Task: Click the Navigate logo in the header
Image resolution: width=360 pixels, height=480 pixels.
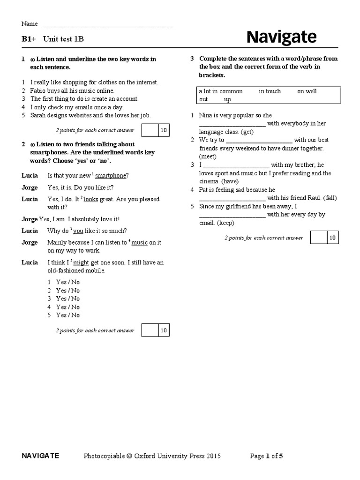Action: (281, 37)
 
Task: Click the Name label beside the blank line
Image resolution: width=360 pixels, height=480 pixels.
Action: (29, 24)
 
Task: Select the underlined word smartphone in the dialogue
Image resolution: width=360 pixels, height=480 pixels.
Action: (111, 175)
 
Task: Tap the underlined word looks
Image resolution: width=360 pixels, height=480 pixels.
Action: (91, 199)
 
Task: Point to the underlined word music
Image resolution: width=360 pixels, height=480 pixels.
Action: (140, 242)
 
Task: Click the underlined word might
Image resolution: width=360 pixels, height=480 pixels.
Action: (81, 262)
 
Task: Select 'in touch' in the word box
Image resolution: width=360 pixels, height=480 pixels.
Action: (270, 91)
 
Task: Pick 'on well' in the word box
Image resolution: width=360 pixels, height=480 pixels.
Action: (307, 91)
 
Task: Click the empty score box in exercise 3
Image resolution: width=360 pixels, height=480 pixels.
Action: (319, 238)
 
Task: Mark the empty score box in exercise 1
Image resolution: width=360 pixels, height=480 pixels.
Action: (150, 130)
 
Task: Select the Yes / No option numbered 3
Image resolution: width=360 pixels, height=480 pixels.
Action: (68, 299)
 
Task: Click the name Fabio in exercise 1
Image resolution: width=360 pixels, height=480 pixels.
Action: (38, 90)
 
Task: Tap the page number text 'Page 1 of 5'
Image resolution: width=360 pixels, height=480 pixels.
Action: (267, 456)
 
